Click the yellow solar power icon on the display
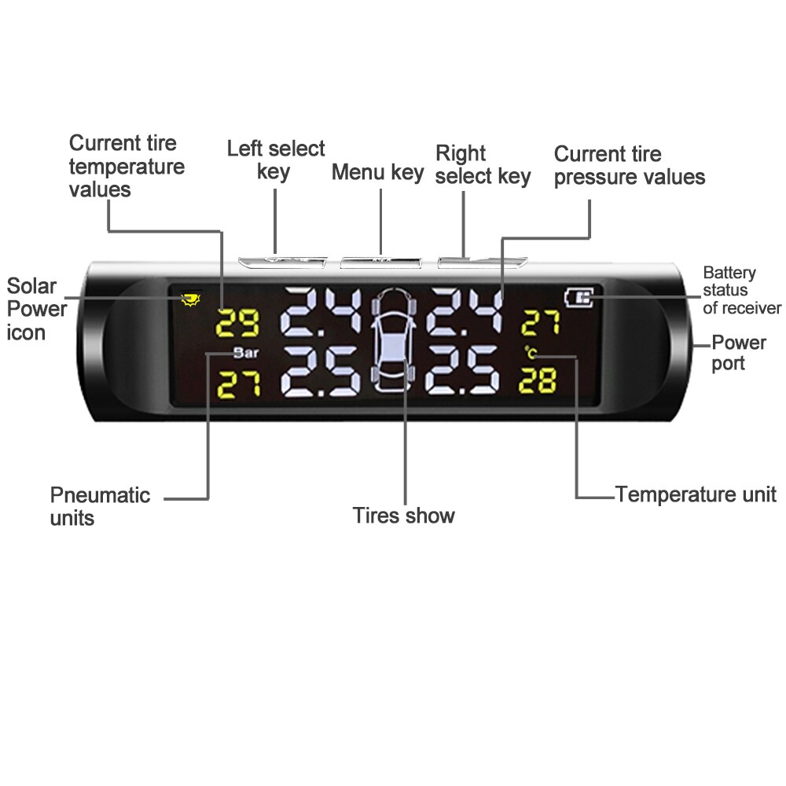(x=189, y=299)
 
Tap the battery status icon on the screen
(x=579, y=298)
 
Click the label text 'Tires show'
(x=403, y=516)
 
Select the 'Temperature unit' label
(x=696, y=494)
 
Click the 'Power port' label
(x=738, y=352)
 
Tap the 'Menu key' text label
(x=377, y=171)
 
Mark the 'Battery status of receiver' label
(x=741, y=290)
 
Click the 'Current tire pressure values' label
(x=629, y=165)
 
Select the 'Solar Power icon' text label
(x=36, y=308)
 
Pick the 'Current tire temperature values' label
(x=127, y=166)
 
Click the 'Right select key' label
(x=483, y=164)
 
